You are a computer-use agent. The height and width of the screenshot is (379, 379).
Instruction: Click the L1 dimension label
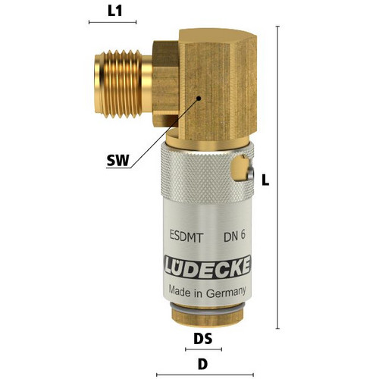click(115, 11)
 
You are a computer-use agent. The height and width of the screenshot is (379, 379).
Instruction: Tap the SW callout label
click(118, 160)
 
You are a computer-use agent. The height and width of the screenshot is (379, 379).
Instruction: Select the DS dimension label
click(203, 339)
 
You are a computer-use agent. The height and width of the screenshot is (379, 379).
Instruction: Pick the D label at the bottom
click(202, 364)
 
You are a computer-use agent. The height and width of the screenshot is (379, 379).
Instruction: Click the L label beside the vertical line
click(265, 180)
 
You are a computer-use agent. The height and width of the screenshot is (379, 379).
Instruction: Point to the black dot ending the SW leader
click(199, 99)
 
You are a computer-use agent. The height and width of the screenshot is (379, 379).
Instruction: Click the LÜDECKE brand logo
click(208, 267)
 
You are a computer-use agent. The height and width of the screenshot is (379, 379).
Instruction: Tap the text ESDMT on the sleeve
click(186, 237)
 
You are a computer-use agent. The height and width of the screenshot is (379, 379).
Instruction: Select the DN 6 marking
click(234, 236)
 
